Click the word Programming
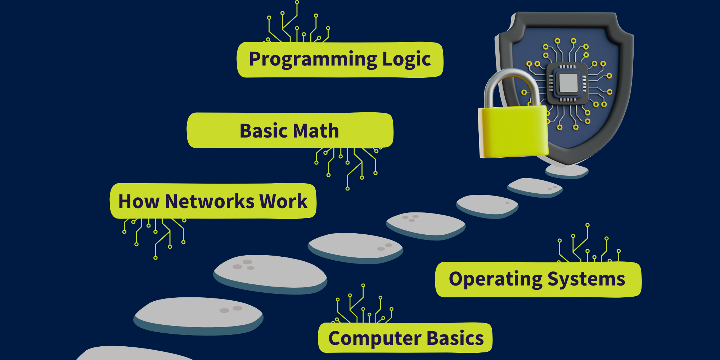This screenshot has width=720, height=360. [x=312, y=59]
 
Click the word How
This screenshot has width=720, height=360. [x=139, y=201]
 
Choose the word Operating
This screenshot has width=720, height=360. [x=495, y=279]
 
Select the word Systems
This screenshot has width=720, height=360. [x=586, y=279]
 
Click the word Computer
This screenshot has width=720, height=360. [x=375, y=339]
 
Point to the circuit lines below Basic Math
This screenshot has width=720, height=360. [x=347, y=164]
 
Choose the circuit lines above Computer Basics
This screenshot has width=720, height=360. [x=364, y=306]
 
